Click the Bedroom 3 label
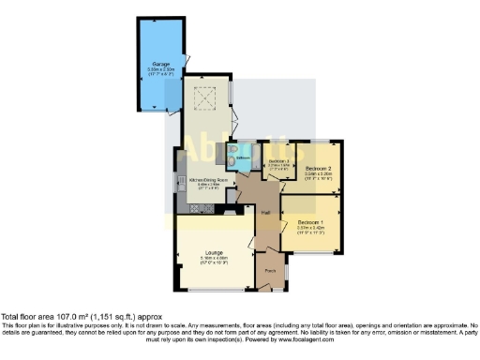(279, 161)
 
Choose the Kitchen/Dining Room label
(208, 179)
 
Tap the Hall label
(265, 213)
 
